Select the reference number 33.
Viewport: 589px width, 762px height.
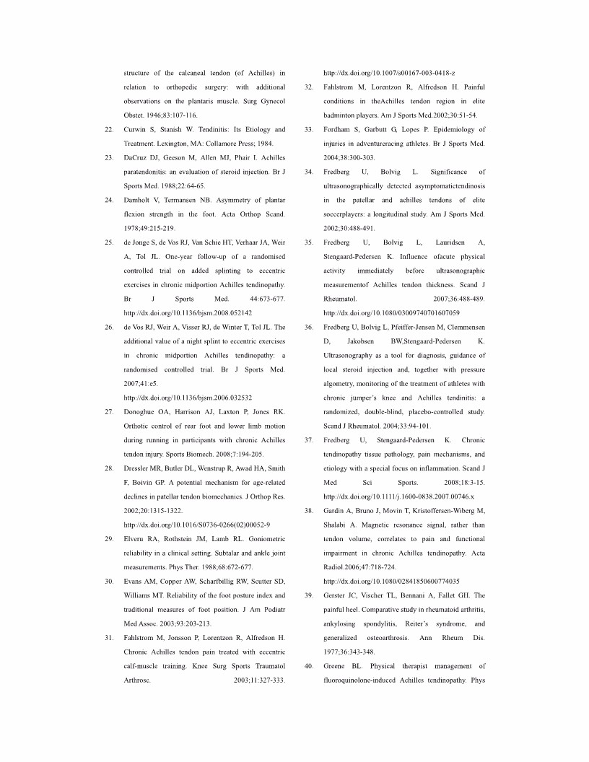pyautogui.click(x=309, y=130)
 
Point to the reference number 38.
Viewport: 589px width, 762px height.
pyautogui.click(x=309, y=510)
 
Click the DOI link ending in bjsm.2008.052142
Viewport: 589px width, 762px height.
pyautogui.click(x=188, y=313)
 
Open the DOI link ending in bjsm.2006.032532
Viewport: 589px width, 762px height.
pyautogui.click(x=188, y=398)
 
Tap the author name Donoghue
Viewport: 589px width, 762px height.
pyautogui.click(x=142, y=411)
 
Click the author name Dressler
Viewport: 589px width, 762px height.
pyautogui.click(x=139, y=468)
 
